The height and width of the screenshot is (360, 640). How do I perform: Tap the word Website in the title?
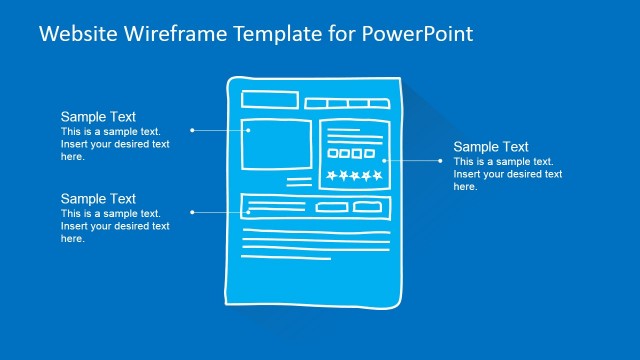tap(77, 34)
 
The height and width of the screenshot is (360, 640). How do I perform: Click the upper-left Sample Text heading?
tap(98, 117)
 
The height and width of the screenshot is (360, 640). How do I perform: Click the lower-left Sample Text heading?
tap(98, 199)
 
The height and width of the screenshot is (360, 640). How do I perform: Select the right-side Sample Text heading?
tap(491, 147)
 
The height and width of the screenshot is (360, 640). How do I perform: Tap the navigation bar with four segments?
tap(346, 103)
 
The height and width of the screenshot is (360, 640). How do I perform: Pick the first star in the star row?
tap(330, 176)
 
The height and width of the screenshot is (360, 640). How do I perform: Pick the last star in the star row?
tap(377, 176)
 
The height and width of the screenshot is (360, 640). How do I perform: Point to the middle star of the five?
tap(354, 176)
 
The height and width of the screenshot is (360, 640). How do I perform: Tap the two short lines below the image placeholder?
tap(299, 182)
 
